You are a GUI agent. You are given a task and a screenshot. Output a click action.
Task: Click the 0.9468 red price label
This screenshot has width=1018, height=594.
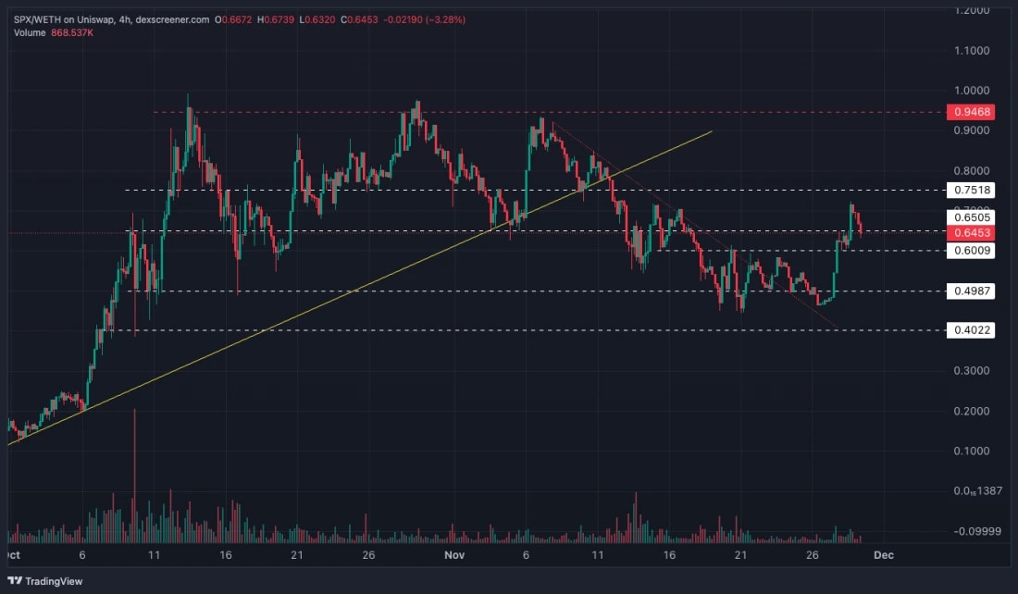point(970,112)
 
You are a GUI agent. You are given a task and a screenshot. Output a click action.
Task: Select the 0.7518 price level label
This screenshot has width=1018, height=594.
point(970,190)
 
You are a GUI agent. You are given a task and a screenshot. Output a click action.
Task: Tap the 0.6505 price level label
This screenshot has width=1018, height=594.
point(970,218)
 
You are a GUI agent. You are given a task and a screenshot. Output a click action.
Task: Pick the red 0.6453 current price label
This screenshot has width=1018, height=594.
point(970,232)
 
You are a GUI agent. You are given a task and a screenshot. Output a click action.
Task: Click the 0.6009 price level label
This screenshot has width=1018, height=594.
point(970,250)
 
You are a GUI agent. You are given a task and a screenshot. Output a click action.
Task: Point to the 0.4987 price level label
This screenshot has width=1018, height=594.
point(970,291)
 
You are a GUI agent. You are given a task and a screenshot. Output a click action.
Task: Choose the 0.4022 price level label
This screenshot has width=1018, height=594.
point(970,330)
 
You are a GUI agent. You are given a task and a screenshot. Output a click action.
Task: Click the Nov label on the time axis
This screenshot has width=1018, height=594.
point(453,555)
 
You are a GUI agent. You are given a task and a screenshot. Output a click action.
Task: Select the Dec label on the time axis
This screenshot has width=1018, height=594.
point(884,555)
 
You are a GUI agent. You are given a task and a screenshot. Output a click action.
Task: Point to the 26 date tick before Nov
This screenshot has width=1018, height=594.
point(368,555)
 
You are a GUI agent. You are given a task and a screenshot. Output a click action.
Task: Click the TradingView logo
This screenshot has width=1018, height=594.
point(45,581)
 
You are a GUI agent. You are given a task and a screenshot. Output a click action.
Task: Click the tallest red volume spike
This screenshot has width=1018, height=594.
point(135,472)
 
